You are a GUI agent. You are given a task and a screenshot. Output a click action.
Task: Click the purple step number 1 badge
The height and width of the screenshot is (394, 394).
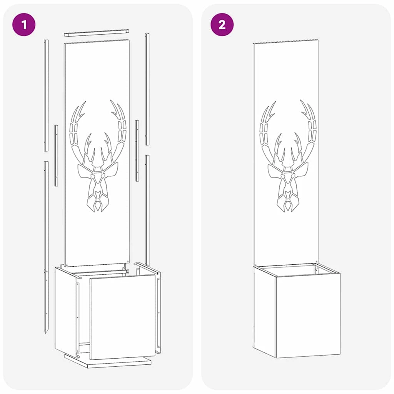[24, 25]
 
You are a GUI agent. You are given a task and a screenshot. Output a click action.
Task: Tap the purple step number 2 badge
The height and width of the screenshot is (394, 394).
[222, 25]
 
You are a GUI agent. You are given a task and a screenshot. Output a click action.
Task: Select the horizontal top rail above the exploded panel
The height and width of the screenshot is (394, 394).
[97, 33]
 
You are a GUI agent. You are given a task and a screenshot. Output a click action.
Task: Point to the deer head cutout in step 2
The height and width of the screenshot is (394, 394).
[288, 156]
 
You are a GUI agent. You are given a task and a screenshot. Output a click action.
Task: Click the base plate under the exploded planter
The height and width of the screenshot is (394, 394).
[108, 361]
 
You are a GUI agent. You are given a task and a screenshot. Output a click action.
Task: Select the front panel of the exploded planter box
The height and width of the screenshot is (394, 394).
[123, 317]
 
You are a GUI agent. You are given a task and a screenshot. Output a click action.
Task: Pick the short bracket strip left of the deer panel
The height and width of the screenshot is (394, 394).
[56, 155]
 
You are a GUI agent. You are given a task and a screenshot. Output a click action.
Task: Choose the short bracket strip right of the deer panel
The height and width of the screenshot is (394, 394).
[137, 150]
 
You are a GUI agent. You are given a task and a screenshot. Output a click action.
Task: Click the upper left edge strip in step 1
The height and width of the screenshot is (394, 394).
[46, 95]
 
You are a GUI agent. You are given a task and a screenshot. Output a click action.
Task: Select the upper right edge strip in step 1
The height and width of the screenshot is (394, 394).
[147, 89]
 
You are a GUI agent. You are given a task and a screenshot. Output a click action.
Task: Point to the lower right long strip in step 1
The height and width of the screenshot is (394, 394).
[147, 210]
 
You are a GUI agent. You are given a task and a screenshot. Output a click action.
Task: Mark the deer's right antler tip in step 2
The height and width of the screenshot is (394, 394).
[301, 101]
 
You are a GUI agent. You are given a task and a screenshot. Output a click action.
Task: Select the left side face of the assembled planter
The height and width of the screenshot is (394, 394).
[264, 312]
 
